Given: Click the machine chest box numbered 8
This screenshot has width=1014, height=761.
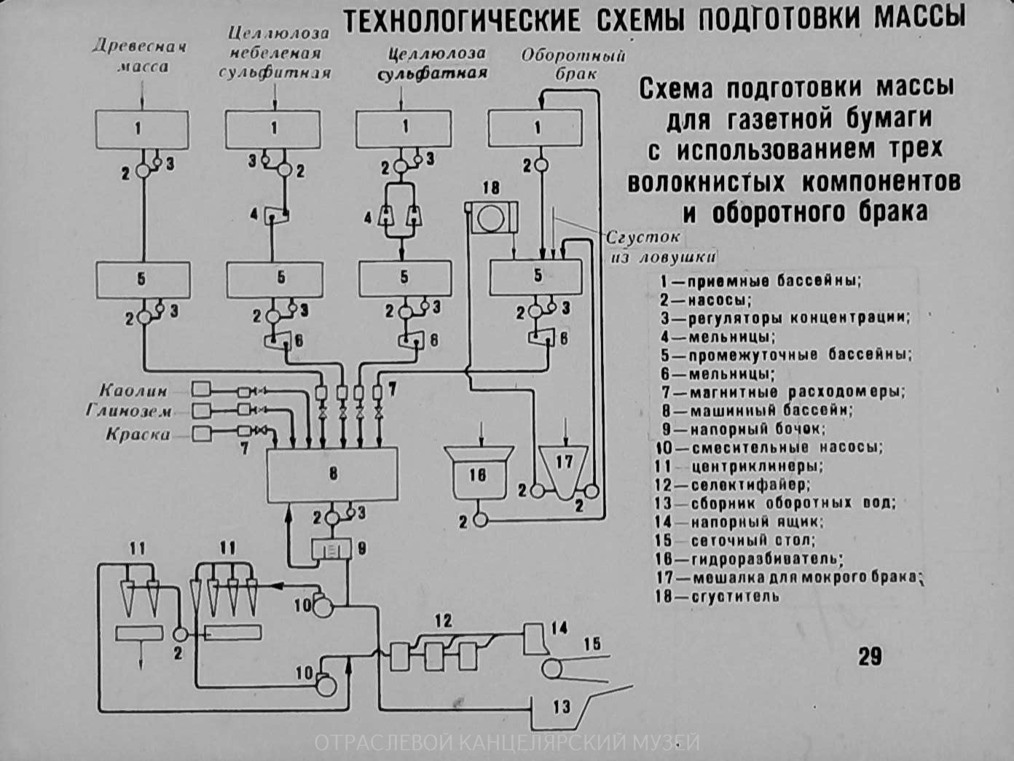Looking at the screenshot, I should (x=332, y=475).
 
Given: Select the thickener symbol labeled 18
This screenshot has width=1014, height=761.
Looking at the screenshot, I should (x=492, y=218).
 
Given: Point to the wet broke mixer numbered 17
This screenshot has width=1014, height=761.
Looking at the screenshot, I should (x=565, y=467).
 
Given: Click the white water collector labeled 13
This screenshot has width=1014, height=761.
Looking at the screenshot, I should (x=562, y=707).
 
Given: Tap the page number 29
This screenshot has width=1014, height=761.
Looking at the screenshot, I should (x=870, y=655).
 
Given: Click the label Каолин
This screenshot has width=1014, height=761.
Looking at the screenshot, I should (x=134, y=390).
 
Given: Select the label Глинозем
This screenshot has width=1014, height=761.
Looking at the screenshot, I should (x=130, y=411).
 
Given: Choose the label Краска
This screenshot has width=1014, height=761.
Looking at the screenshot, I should (x=138, y=434).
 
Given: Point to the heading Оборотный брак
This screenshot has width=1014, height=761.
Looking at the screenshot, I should (x=573, y=64).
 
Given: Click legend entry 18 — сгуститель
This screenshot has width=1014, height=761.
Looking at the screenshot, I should (x=717, y=596).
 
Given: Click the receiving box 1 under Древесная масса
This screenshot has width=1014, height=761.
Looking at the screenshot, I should (x=142, y=130).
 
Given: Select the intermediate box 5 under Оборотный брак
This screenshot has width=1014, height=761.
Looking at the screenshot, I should (x=538, y=276).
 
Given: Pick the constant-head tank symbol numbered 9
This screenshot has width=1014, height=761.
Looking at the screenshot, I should (x=331, y=548).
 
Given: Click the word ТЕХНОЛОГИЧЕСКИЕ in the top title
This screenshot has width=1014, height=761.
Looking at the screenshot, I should (x=462, y=20).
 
